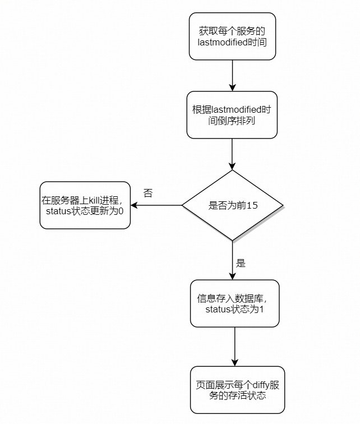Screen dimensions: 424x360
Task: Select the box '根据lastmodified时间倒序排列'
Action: [232, 114]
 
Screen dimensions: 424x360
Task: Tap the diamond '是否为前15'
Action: [233, 205]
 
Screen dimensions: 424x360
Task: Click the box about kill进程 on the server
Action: [85, 205]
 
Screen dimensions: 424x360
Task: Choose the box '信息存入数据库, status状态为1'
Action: [234, 303]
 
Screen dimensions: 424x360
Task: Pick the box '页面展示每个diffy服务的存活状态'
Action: [237, 390]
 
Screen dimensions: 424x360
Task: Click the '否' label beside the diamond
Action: [148, 193]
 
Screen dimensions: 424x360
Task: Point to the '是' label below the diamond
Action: [241, 263]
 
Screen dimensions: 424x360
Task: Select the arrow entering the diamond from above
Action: [232, 154]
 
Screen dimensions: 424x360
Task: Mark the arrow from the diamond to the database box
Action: [233, 261]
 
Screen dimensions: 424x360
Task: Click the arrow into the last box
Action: [235, 347]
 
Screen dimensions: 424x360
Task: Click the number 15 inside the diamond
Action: [252, 205]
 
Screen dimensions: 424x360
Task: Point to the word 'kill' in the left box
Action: [97, 200]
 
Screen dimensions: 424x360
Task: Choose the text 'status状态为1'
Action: [234, 309]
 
